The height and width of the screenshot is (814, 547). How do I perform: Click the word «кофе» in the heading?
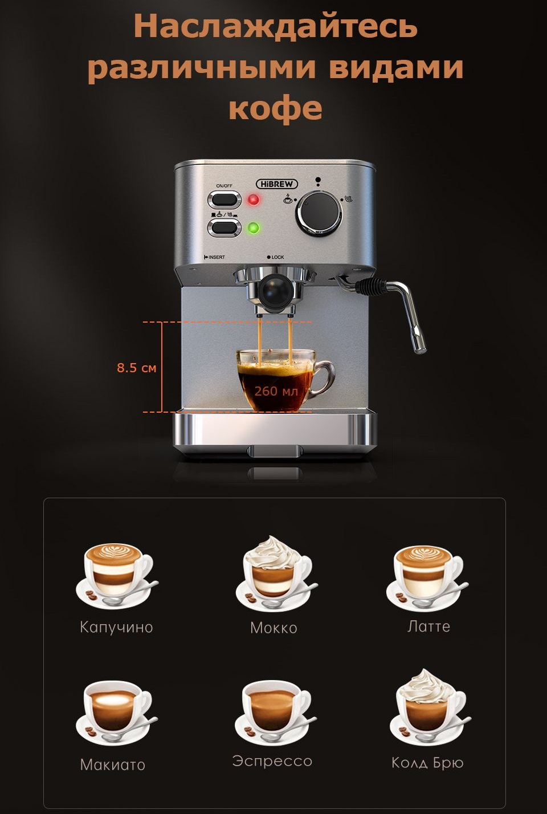[x=275, y=107]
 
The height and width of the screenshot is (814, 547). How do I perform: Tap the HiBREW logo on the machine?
[x=277, y=184]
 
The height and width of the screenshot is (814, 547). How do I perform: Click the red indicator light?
[x=253, y=200]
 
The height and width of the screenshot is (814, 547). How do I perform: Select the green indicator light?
[x=253, y=228]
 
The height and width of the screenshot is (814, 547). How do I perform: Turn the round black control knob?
[x=319, y=213]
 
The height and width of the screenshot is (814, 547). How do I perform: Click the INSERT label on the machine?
[x=215, y=257]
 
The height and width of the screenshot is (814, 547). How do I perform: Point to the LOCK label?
[x=276, y=257]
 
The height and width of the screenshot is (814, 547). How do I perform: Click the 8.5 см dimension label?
[x=137, y=368]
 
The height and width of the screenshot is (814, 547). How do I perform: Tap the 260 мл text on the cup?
[x=276, y=391]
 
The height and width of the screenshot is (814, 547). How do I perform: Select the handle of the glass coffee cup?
[x=323, y=378]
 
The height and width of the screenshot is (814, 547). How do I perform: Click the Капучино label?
[x=116, y=627]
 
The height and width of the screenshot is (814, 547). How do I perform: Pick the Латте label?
[x=428, y=626]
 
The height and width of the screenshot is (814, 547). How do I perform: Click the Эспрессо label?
[x=272, y=761]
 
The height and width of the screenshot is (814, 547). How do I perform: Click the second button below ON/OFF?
[x=224, y=228]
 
